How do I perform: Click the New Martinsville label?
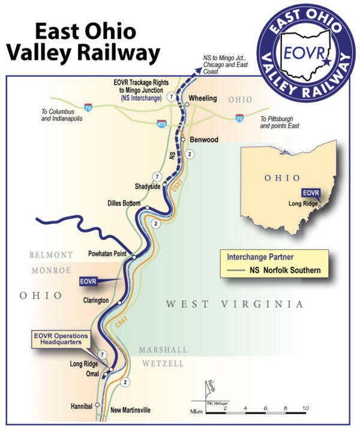(x=131, y=410)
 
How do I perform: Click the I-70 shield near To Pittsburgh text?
(x=240, y=118)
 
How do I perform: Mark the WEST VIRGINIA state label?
(x=235, y=305)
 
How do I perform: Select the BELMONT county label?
(x=52, y=255)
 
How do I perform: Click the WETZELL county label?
(x=164, y=363)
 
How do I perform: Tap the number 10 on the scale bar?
(x=305, y=408)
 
